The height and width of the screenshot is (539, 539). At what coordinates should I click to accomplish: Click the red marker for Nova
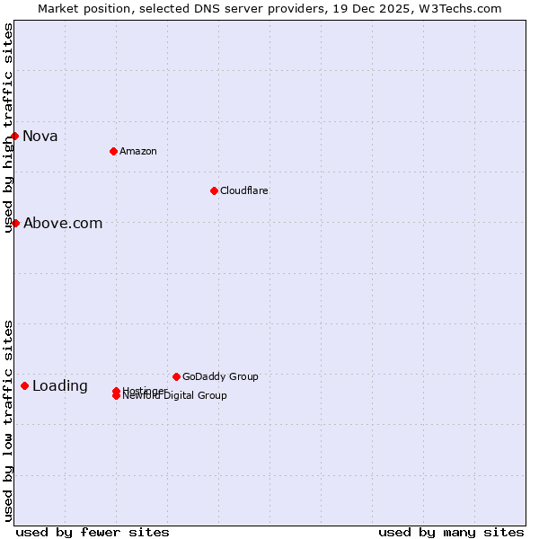click(x=15, y=136)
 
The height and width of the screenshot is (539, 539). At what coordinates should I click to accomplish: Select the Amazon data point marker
click(x=113, y=151)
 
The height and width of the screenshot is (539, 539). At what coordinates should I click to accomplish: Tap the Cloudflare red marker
click(x=214, y=190)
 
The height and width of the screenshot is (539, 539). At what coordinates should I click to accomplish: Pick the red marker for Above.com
click(x=15, y=223)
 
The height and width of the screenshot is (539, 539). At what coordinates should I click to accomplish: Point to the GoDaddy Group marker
click(x=176, y=376)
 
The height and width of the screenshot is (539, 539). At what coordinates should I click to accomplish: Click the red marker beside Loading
click(x=24, y=385)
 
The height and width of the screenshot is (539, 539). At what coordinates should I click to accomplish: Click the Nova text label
click(x=40, y=137)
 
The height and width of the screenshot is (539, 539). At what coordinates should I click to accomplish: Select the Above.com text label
click(x=63, y=224)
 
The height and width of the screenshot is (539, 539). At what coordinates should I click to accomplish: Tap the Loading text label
click(x=60, y=386)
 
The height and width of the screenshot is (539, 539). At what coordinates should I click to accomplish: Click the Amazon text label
click(x=137, y=151)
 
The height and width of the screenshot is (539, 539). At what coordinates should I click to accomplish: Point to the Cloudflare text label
click(x=243, y=190)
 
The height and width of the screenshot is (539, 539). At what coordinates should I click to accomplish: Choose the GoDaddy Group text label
click(x=220, y=376)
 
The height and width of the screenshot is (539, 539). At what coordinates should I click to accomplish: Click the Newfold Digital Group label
click(x=175, y=396)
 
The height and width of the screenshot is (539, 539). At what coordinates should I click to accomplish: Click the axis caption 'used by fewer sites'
click(x=93, y=532)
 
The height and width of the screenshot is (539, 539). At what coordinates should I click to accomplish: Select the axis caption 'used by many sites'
click(x=451, y=532)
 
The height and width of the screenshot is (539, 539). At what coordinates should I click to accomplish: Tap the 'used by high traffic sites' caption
click(x=9, y=128)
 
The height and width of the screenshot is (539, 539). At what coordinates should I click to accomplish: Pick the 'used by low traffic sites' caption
click(x=9, y=420)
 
